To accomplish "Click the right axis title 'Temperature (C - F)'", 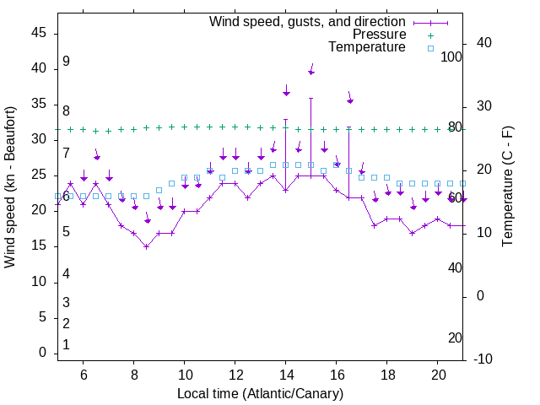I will click(507, 187).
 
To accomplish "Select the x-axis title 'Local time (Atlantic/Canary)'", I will click(260, 394).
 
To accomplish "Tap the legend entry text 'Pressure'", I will click(380, 35).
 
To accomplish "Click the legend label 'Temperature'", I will click(367, 48).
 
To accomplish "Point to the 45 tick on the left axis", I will click(38, 33).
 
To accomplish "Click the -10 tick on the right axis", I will click(483, 359).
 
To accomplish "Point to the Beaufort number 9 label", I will click(66, 62).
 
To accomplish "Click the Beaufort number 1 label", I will click(66, 345).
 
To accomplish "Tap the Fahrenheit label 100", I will click(452, 57).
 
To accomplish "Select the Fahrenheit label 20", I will click(456, 338).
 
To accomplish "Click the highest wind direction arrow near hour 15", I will click(311, 69).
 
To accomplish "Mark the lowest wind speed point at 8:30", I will click(146, 246).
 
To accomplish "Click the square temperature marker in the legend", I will click(429, 48).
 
